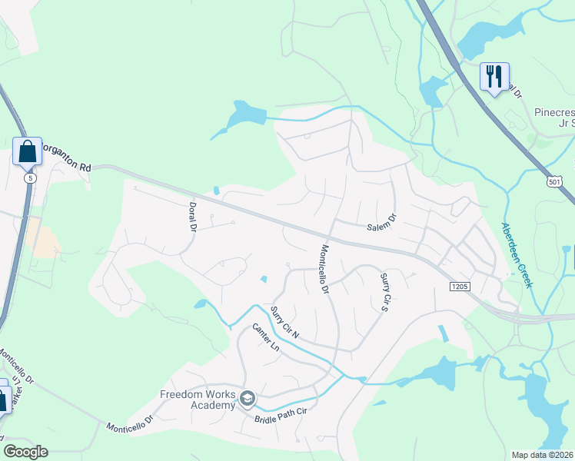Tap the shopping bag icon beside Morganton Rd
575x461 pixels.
click(x=28, y=151)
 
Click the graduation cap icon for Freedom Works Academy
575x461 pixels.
click(x=247, y=398)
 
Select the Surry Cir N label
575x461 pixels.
click(x=284, y=323)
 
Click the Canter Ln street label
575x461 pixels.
click(x=265, y=337)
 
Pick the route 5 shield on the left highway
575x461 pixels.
click(x=29, y=177)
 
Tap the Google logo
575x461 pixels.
click(x=25, y=452)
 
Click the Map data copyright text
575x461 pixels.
click(x=543, y=455)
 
